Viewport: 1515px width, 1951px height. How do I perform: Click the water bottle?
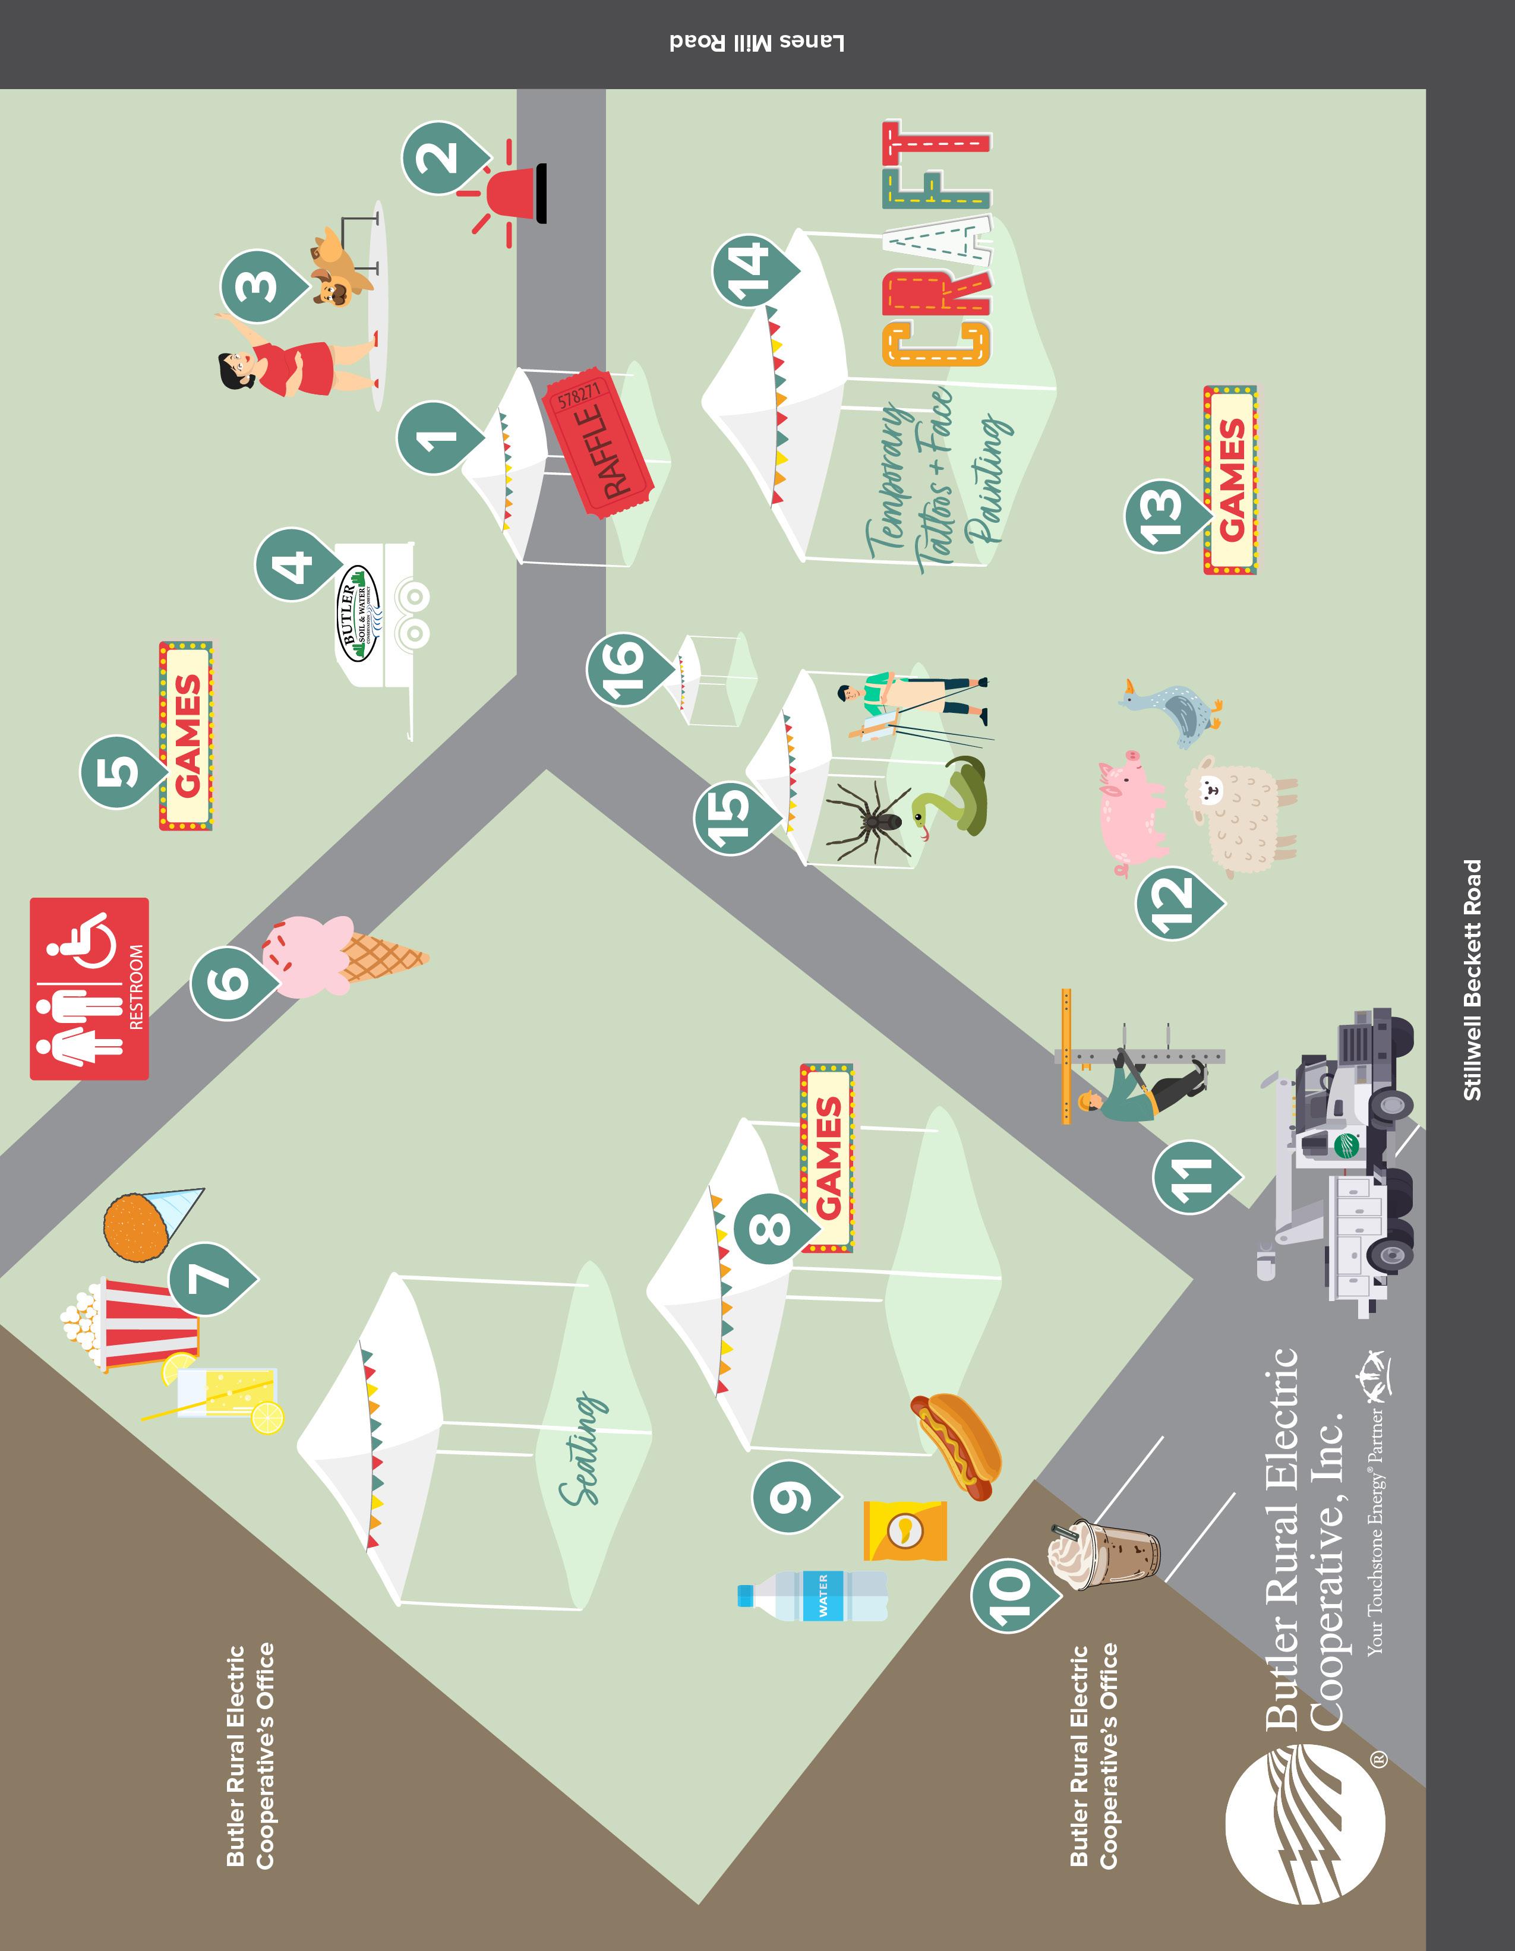[813, 1596]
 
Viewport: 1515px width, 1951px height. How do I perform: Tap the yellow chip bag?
[905, 1530]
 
